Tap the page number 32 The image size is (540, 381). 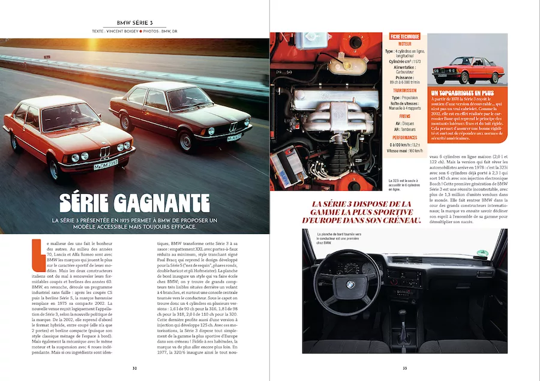point(134,368)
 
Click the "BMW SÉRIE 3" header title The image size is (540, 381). point(134,22)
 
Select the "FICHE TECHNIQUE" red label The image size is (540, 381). point(405,37)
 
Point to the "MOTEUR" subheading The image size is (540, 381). point(405,44)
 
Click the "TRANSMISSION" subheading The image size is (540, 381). point(405,91)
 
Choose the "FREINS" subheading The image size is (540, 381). point(405,118)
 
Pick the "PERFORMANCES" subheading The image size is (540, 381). point(405,137)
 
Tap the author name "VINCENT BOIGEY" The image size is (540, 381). point(120,31)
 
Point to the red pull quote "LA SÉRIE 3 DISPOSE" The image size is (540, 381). point(364,212)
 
